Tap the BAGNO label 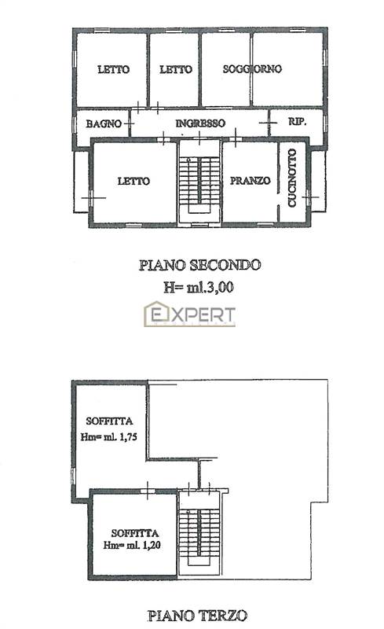click(104, 123)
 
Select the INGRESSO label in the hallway click(200, 123)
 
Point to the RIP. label click(297, 123)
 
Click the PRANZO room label click(250, 180)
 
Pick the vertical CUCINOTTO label click(291, 178)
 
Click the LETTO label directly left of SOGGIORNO click(175, 69)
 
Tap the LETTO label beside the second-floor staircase click(133, 181)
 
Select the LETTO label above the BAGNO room click(113, 69)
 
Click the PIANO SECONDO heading click(199, 265)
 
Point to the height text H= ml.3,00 click(199, 287)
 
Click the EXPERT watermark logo click(189, 315)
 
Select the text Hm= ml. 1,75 click(109, 437)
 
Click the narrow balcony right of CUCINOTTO click(318, 181)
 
